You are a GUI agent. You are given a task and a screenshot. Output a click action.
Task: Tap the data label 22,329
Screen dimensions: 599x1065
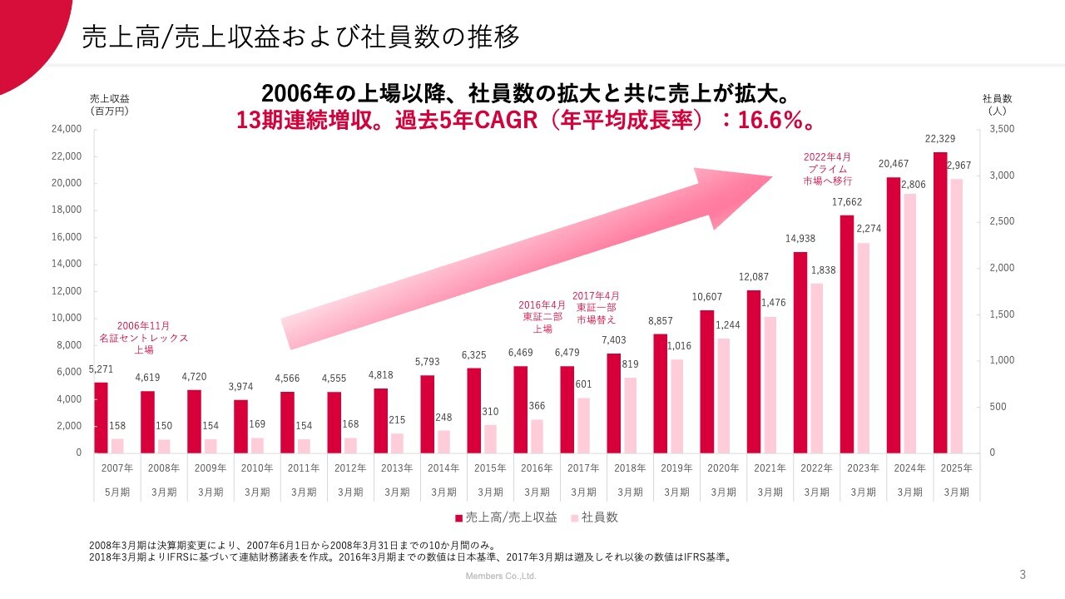pyautogui.click(x=940, y=138)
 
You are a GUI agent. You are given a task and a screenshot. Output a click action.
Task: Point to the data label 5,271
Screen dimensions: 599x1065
pyautogui.click(x=101, y=369)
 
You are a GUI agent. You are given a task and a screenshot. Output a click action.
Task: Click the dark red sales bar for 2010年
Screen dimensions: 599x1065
pyautogui.click(x=240, y=426)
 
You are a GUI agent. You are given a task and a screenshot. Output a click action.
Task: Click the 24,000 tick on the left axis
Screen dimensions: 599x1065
pyautogui.click(x=67, y=129)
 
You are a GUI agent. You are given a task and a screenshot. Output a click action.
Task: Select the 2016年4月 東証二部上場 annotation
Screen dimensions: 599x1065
pyautogui.click(x=542, y=316)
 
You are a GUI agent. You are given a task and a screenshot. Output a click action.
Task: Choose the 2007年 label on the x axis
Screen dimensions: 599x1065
pyautogui.click(x=117, y=468)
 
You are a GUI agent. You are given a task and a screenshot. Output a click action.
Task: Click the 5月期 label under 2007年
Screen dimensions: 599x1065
pyautogui.click(x=117, y=492)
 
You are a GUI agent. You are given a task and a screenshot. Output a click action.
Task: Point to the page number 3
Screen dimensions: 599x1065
pyautogui.click(x=1023, y=574)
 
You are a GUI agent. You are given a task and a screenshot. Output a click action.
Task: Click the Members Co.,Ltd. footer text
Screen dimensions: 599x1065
pyautogui.click(x=500, y=576)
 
